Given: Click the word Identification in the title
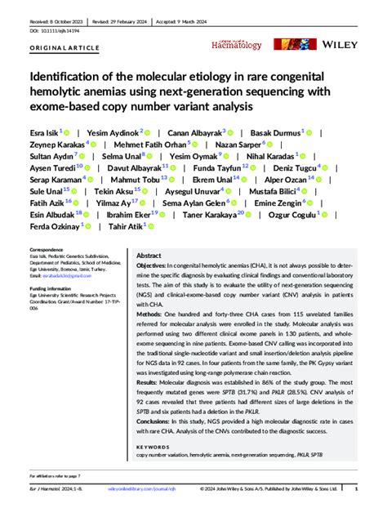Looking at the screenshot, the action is pyautogui.click(x=66, y=76).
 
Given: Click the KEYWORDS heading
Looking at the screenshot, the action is pyautogui.click(x=153, y=448).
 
